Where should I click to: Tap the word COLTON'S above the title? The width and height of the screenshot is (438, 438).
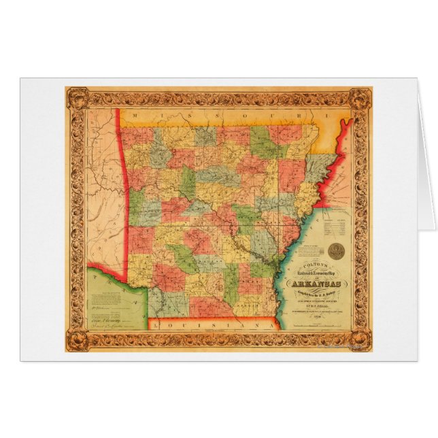(x=316, y=265)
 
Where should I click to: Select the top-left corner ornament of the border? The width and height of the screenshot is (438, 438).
(x=75, y=97)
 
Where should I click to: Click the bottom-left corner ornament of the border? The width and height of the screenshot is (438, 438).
(x=75, y=340)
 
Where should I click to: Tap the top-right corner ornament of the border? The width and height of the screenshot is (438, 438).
(x=360, y=97)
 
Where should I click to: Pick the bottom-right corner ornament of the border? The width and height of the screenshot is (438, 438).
(x=360, y=340)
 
